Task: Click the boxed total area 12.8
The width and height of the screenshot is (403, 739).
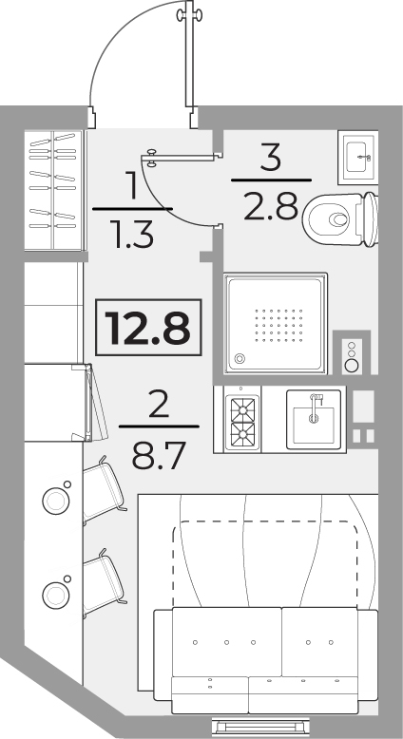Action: (x=148, y=328)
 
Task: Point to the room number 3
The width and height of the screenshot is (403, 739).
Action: (x=271, y=157)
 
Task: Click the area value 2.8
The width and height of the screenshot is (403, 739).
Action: (x=271, y=206)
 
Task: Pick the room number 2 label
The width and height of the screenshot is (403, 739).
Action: (x=159, y=405)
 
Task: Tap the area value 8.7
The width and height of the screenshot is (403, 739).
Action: (x=159, y=455)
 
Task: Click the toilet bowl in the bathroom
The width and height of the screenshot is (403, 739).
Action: (x=341, y=219)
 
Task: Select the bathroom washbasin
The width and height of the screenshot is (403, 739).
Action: (x=358, y=158)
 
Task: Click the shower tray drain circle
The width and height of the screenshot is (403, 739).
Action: (x=240, y=359)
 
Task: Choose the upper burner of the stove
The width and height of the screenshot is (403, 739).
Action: (x=242, y=409)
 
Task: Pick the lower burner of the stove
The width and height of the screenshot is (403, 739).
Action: (x=242, y=434)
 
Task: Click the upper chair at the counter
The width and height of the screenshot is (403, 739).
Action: (x=105, y=490)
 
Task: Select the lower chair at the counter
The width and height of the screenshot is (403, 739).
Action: (x=105, y=583)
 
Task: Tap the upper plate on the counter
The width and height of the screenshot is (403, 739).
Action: (x=56, y=501)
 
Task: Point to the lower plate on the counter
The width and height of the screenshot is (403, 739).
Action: (x=56, y=595)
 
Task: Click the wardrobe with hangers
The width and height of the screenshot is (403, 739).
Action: (x=55, y=190)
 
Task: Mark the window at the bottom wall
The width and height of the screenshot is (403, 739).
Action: (x=260, y=725)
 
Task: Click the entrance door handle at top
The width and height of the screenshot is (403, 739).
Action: (x=189, y=15)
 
